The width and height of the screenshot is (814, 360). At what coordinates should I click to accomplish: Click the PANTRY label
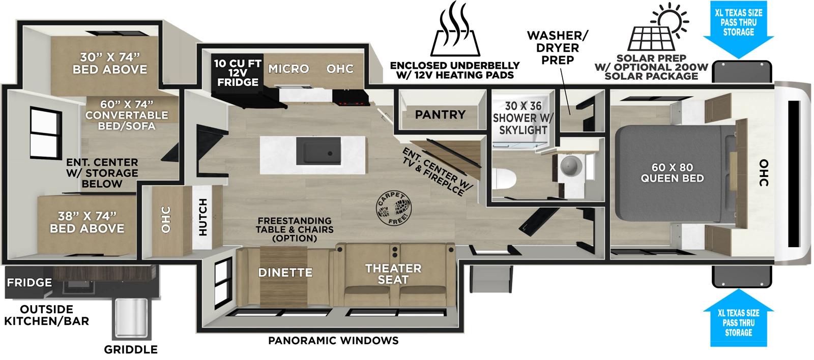click(440, 114)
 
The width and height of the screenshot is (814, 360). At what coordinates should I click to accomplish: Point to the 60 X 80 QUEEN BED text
click(672, 173)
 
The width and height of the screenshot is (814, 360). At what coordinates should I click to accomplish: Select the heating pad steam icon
click(456, 32)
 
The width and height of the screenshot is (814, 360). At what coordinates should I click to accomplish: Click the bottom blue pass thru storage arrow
click(739, 320)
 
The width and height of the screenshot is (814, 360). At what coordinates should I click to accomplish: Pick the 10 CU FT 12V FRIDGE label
click(237, 73)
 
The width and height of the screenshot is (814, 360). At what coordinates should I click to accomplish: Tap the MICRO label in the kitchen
click(288, 69)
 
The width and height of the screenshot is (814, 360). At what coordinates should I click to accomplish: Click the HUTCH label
click(202, 217)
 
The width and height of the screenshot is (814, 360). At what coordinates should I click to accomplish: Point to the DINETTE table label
click(285, 273)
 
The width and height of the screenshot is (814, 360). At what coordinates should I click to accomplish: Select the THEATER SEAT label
click(393, 274)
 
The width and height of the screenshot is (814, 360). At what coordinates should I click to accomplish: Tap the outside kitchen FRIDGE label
click(29, 283)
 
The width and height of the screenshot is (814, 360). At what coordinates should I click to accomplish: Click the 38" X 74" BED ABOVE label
click(87, 222)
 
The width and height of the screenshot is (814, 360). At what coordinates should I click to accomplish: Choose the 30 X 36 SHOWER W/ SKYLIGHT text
click(523, 118)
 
